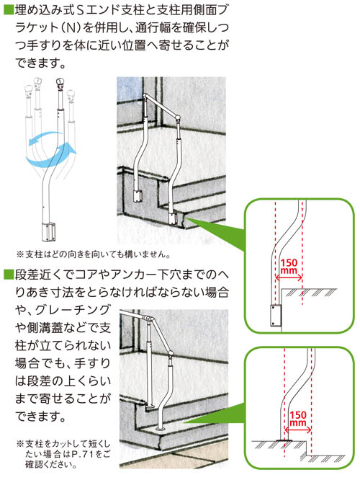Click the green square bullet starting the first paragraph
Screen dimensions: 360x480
pyautogui.click(x=8, y=10)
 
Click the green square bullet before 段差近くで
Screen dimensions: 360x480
pyautogui.click(x=8, y=275)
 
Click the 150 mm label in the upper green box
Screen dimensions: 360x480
pyautogui.click(x=289, y=266)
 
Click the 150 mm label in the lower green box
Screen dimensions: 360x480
pyautogui.click(x=297, y=418)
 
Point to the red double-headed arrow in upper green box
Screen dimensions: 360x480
pyautogui.click(x=289, y=277)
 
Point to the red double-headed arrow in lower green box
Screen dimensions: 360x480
pyautogui.click(x=298, y=430)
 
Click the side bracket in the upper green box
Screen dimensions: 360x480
pyautogui.click(x=276, y=315)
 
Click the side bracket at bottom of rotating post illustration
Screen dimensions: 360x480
pyautogui.click(x=49, y=232)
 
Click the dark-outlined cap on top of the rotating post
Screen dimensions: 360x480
pyautogui.click(x=60, y=83)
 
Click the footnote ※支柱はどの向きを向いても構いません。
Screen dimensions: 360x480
pyautogui.click(x=93, y=254)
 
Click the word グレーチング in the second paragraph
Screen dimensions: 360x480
pyautogui.click(x=73, y=310)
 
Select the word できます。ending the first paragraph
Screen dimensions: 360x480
pyautogui.click(x=40, y=63)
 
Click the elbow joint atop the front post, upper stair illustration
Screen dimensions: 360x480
pyautogui.click(x=177, y=117)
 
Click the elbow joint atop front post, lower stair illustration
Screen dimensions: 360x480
pyautogui.click(x=170, y=355)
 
